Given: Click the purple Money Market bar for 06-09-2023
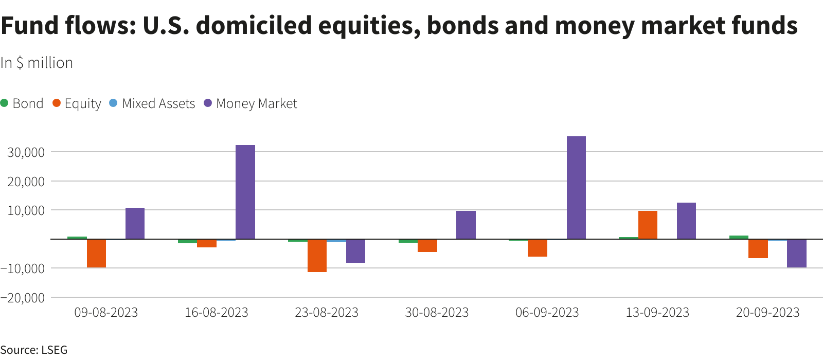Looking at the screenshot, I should pyautogui.click(x=576, y=188).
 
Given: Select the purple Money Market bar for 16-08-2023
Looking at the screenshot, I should pyautogui.click(x=245, y=192).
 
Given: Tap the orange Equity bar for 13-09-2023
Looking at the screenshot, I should pyautogui.click(x=648, y=225).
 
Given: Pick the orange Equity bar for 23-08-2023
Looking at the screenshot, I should pyautogui.click(x=317, y=256).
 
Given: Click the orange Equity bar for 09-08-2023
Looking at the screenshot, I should pyautogui.click(x=96, y=253).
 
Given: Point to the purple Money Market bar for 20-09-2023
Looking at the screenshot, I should pyautogui.click(x=796, y=253).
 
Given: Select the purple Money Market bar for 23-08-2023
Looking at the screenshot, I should pyautogui.click(x=355, y=251).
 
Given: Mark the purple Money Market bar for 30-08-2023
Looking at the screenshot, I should pyautogui.click(x=466, y=225).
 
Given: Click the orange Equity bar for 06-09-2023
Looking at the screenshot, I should pyautogui.click(x=538, y=248).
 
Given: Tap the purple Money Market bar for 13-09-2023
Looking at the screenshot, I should pyautogui.click(x=686, y=221).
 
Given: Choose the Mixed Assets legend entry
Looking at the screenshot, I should pyautogui.click(x=152, y=103).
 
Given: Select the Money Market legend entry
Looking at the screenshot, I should pyautogui.click(x=251, y=103).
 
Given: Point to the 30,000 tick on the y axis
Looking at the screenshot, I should pyautogui.click(x=26, y=152).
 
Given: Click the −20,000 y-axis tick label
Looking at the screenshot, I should pyautogui.click(x=23, y=298).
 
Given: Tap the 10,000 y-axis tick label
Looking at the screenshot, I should pyautogui.click(x=26, y=210).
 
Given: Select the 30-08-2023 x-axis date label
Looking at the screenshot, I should pyautogui.click(x=437, y=313).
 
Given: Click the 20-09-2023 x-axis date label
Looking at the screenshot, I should pyautogui.click(x=767, y=313).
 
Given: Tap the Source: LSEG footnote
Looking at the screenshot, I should pyautogui.click(x=34, y=350).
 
